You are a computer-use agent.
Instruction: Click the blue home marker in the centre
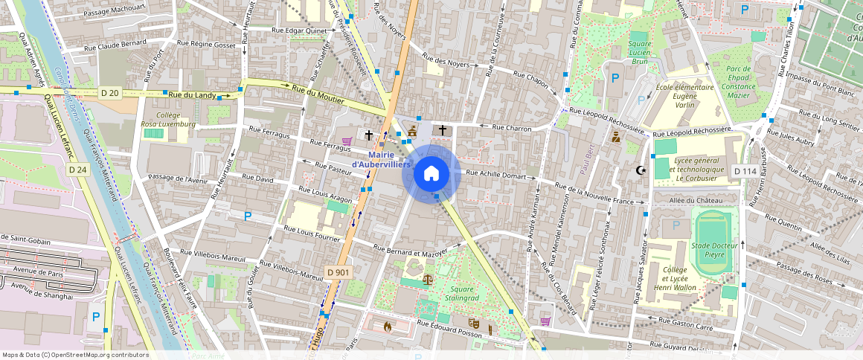431,174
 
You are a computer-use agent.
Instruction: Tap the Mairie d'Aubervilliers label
381,159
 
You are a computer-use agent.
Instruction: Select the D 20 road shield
109,92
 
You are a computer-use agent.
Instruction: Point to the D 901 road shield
339,272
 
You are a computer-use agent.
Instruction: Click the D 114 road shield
745,171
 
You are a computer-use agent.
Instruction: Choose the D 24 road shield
77,170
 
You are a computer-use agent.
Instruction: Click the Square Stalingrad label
461,295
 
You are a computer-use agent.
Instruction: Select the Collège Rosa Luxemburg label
168,120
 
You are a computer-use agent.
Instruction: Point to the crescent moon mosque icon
638,170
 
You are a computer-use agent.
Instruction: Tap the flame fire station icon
387,325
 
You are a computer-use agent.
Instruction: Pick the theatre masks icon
472,324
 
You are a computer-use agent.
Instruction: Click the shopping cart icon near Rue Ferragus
346,140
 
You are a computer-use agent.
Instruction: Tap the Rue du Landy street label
193,94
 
